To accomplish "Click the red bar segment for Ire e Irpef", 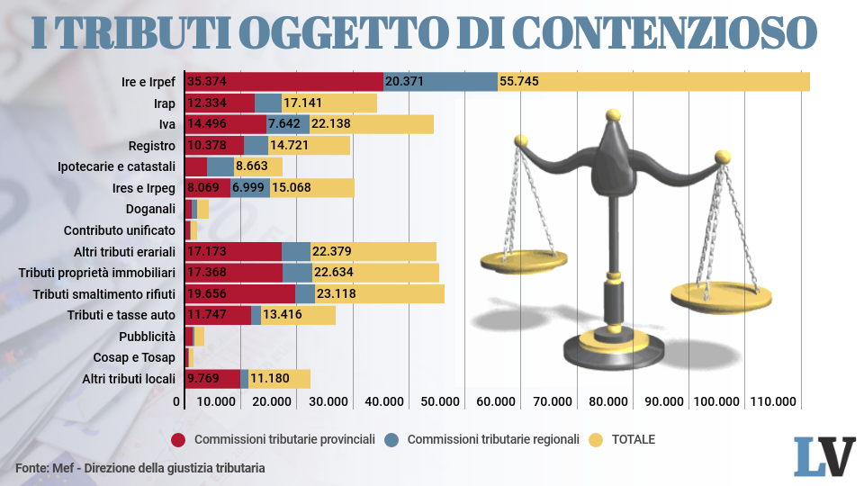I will point(283,81).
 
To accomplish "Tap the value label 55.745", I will point(519,81).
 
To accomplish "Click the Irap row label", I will point(164,103).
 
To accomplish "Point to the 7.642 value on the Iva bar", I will point(287,124).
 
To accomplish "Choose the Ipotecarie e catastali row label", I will point(116,166).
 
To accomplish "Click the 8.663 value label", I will point(251,166).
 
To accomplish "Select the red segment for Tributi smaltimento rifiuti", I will point(239,293).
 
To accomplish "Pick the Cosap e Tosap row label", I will point(134,357).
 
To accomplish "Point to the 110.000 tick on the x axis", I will point(773,401).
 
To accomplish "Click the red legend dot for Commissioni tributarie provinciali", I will point(178,440).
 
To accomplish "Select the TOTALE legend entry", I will point(633,440).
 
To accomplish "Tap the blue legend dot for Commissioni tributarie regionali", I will point(391,440).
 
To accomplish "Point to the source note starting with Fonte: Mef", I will point(140,468).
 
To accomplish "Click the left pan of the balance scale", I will point(523,261).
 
